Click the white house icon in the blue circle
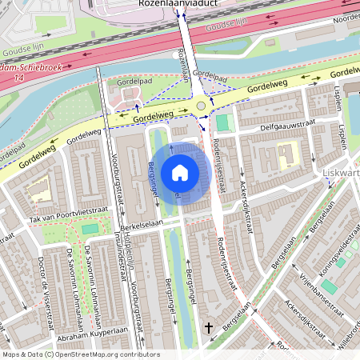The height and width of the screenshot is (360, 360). tap(180, 173)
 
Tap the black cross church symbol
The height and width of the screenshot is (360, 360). tap(210, 328)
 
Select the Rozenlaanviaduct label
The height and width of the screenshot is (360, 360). tap(181, 4)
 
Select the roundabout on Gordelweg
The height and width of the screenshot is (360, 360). tap(202, 106)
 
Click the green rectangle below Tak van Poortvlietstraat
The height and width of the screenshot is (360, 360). tap(90, 230)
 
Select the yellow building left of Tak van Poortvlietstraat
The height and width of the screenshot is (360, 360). tap(37, 190)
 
